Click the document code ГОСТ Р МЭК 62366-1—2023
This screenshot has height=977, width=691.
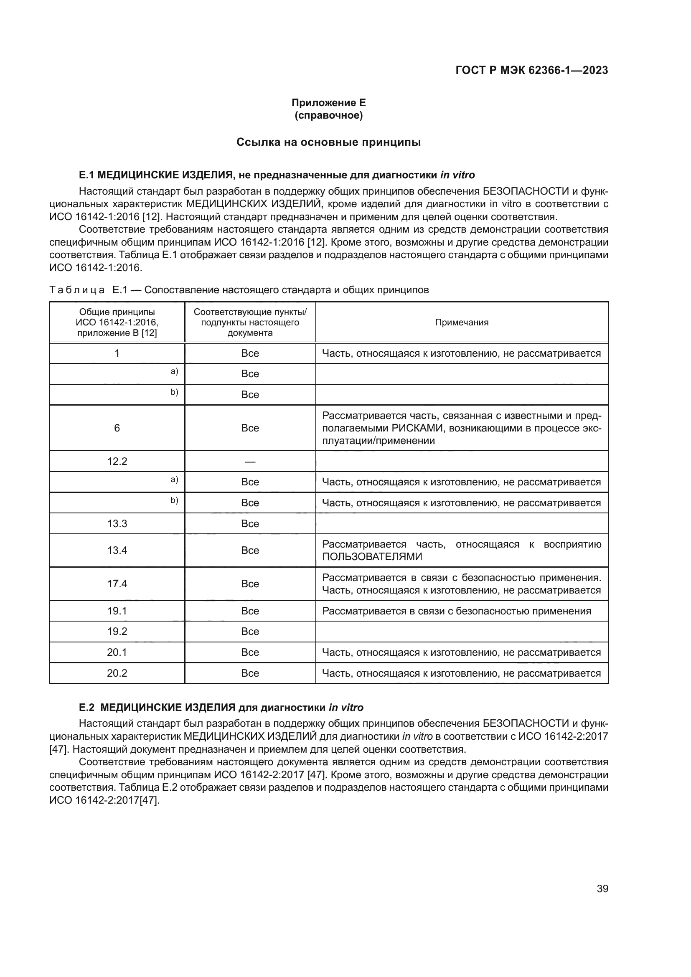click(x=531, y=71)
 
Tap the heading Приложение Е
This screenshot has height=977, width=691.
click(x=328, y=103)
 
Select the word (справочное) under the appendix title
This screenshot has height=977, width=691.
click(x=328, y=115)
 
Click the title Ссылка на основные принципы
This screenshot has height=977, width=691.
click(x=328, y=142)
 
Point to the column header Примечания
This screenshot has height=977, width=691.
click(x=462, y=322)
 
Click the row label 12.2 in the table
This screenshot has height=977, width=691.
click(x=117, y=461)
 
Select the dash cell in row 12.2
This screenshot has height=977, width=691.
click(x=250, y=461)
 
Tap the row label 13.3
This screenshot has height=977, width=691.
click(x=117, y=523)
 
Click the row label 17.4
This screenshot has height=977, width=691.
click(x=117, y=584)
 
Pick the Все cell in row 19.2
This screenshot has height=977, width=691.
click(x=250, y=632)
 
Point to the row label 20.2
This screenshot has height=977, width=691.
click(x=117, y=673)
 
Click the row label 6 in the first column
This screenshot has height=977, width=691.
click(x=117, y=428)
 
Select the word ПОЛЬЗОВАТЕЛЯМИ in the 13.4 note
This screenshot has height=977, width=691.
click(x=372, y=556)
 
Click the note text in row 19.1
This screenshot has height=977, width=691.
click(x=457, y=611)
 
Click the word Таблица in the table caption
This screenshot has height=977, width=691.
click(x=77, y=290)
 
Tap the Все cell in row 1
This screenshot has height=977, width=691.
click(x=250, y=353)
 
